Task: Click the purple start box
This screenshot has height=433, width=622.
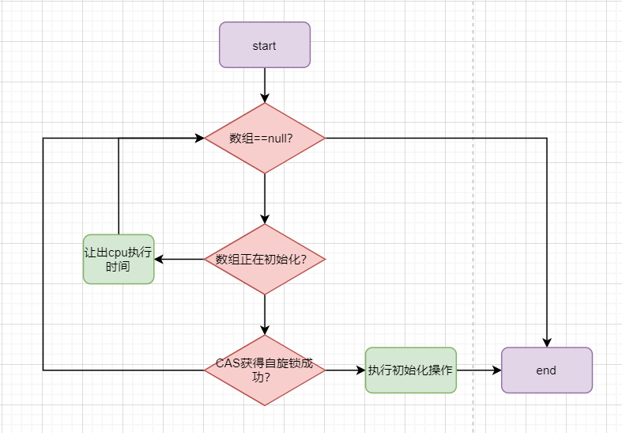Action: (265, 45)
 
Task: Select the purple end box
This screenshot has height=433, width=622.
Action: (546, 370)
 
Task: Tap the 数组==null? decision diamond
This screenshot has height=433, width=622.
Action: (265, 138)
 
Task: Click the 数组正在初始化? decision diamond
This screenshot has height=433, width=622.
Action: (265, 259)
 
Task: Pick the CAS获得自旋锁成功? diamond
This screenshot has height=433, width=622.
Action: (265, 370)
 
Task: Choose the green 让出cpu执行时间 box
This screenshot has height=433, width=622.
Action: (119, 259)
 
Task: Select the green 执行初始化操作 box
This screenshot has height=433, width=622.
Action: (410, 370)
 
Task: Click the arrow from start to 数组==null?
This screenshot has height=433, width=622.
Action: (265, 85)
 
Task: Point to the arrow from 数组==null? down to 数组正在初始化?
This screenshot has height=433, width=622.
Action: (265, 198)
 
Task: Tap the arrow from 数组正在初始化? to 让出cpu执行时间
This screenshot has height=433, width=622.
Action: (179, 259)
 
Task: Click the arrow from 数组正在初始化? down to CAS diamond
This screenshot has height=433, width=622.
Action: (265, 314)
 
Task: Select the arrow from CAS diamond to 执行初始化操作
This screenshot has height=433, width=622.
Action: (345, 370)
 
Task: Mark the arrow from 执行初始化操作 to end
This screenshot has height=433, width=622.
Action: (478, 370)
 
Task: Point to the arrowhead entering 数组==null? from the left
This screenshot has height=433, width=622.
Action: (200, 138)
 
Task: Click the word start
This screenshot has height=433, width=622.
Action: (265, 45)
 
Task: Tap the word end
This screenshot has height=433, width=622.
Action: (546, 370)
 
